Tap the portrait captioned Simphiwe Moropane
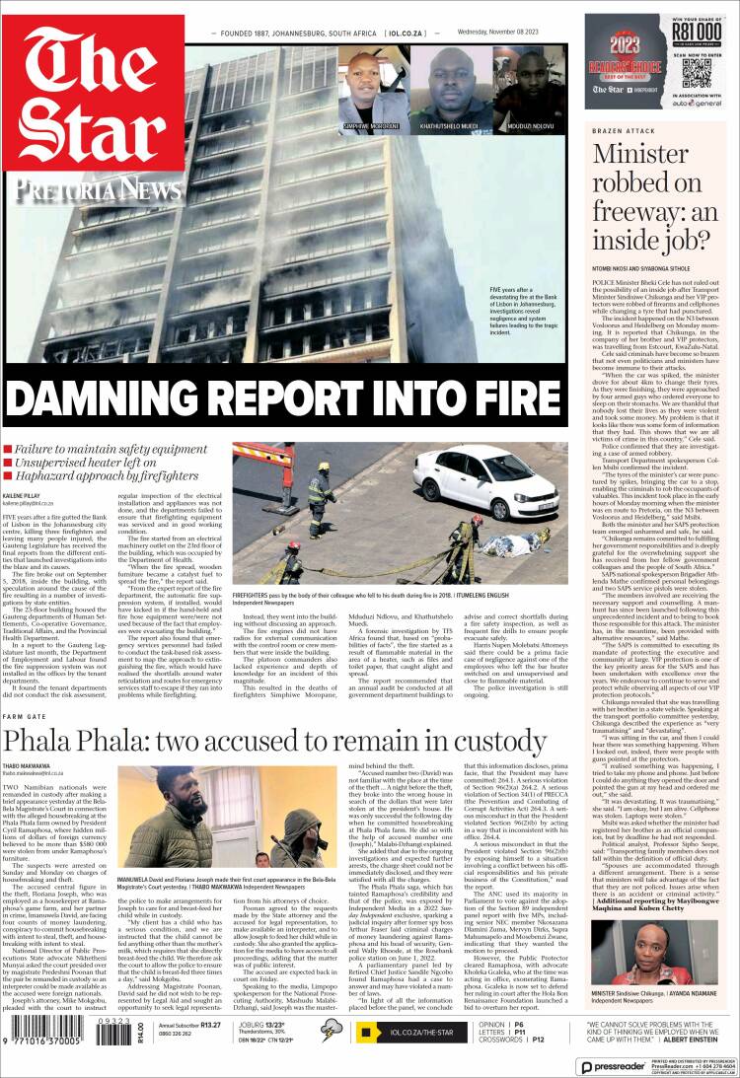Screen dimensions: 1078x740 click(370, 86)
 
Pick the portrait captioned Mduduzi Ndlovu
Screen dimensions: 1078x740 click(531, 86)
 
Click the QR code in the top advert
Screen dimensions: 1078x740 click(697, 72)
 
